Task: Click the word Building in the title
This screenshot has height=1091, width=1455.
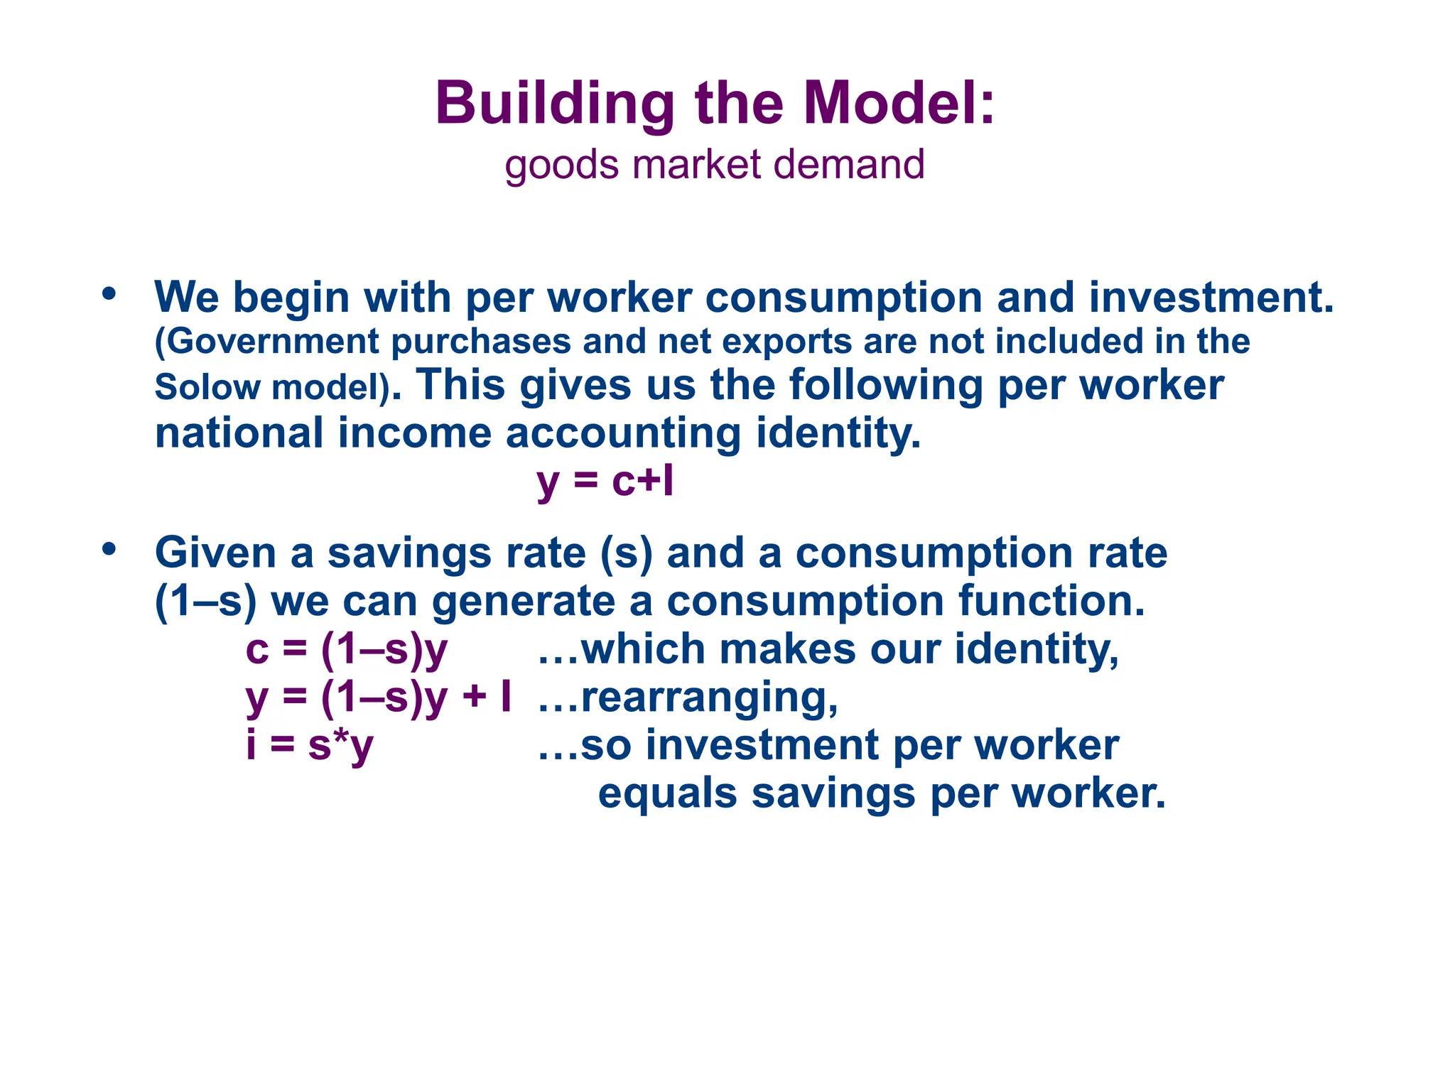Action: [x=554, y=104]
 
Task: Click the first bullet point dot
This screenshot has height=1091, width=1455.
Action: [x=109, y=293]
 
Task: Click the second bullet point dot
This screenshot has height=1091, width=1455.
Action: [x=109, y=549]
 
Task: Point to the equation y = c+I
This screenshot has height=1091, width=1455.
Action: [x=605, y=482]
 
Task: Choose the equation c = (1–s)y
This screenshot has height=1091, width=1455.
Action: [x=346, y=650]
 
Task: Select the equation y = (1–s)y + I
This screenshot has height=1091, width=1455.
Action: [x=378, y=698]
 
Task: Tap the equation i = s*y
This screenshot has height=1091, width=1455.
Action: [x=309, y=746]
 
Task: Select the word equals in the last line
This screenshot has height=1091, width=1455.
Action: [x=667, y=793]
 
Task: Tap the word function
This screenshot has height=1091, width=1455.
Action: [x=1051, y=602]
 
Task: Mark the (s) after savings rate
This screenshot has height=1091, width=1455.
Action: [x=626, y=553]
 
